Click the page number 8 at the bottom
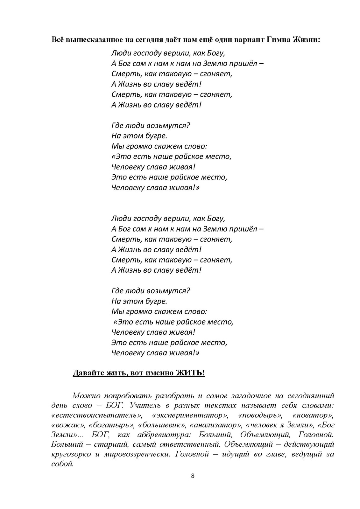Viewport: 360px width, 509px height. (192, 476)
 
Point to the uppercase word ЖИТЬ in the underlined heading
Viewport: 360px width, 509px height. (189, 373)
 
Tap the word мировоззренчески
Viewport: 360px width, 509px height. (135, 454)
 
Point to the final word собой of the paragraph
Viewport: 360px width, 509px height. (62, 464)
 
